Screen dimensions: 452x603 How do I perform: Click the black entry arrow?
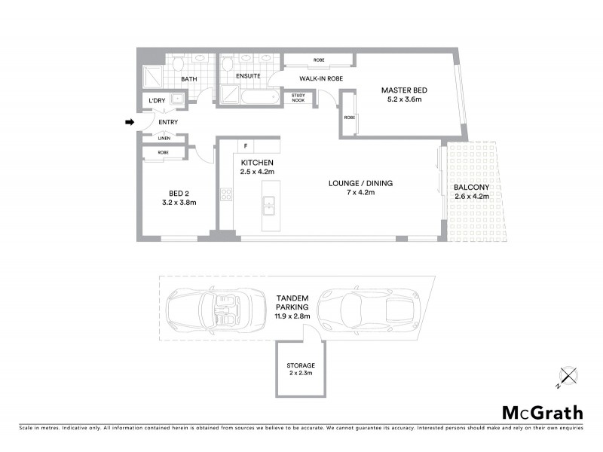(129, 122)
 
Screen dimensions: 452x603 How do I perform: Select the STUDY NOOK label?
(298, 98)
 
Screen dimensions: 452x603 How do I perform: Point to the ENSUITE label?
(248, 76)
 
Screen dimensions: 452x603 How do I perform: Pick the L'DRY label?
(157, 100)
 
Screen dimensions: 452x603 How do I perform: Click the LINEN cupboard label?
(164, 139)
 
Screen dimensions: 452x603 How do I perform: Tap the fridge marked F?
(246, 145)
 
